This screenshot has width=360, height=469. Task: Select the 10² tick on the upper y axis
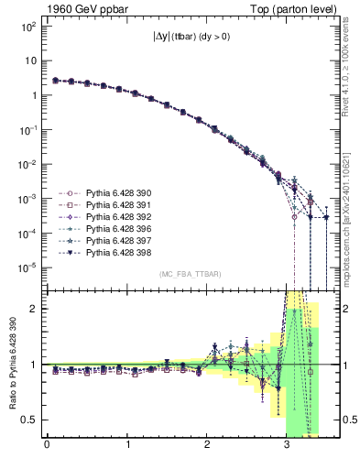pos(30,27)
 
